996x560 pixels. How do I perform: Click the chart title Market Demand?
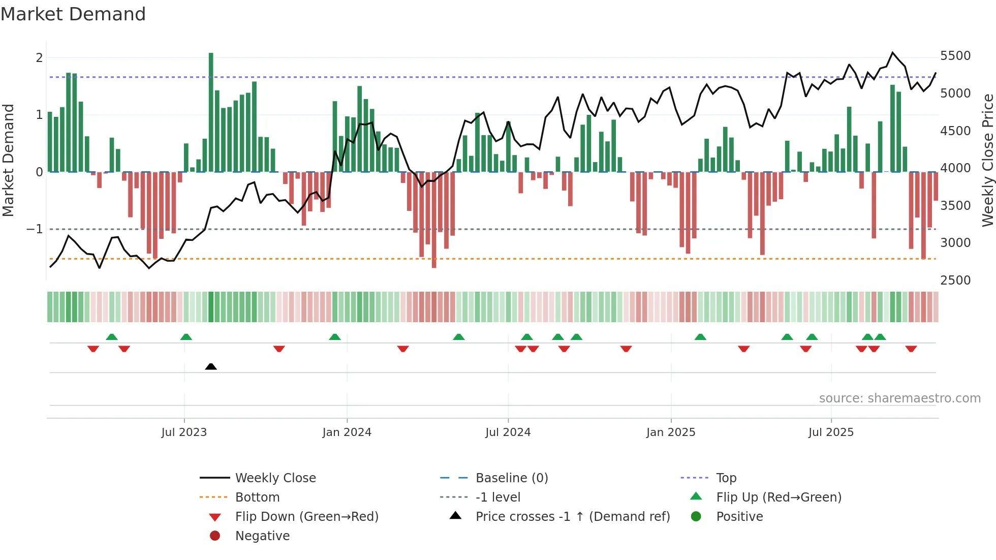73,14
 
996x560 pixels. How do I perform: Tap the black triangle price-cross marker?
211,366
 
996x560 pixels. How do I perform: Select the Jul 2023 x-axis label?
184,432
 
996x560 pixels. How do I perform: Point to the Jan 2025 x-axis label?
671,432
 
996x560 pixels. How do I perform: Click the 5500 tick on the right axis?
955,56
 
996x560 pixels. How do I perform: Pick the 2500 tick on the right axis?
955,281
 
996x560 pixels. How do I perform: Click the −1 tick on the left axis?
35,229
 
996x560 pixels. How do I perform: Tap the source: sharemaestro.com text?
899,398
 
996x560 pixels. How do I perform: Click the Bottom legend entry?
257,497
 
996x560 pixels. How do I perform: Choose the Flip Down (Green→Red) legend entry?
306,517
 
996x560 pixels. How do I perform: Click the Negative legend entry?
262,536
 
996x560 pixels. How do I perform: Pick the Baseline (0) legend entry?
512,478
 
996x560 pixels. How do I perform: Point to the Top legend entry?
726,478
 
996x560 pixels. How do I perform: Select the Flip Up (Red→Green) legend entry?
779,497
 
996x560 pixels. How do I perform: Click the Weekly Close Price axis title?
987,160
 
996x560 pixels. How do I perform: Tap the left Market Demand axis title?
8,160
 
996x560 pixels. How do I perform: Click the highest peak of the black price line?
893,53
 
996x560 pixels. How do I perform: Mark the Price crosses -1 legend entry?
573,517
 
